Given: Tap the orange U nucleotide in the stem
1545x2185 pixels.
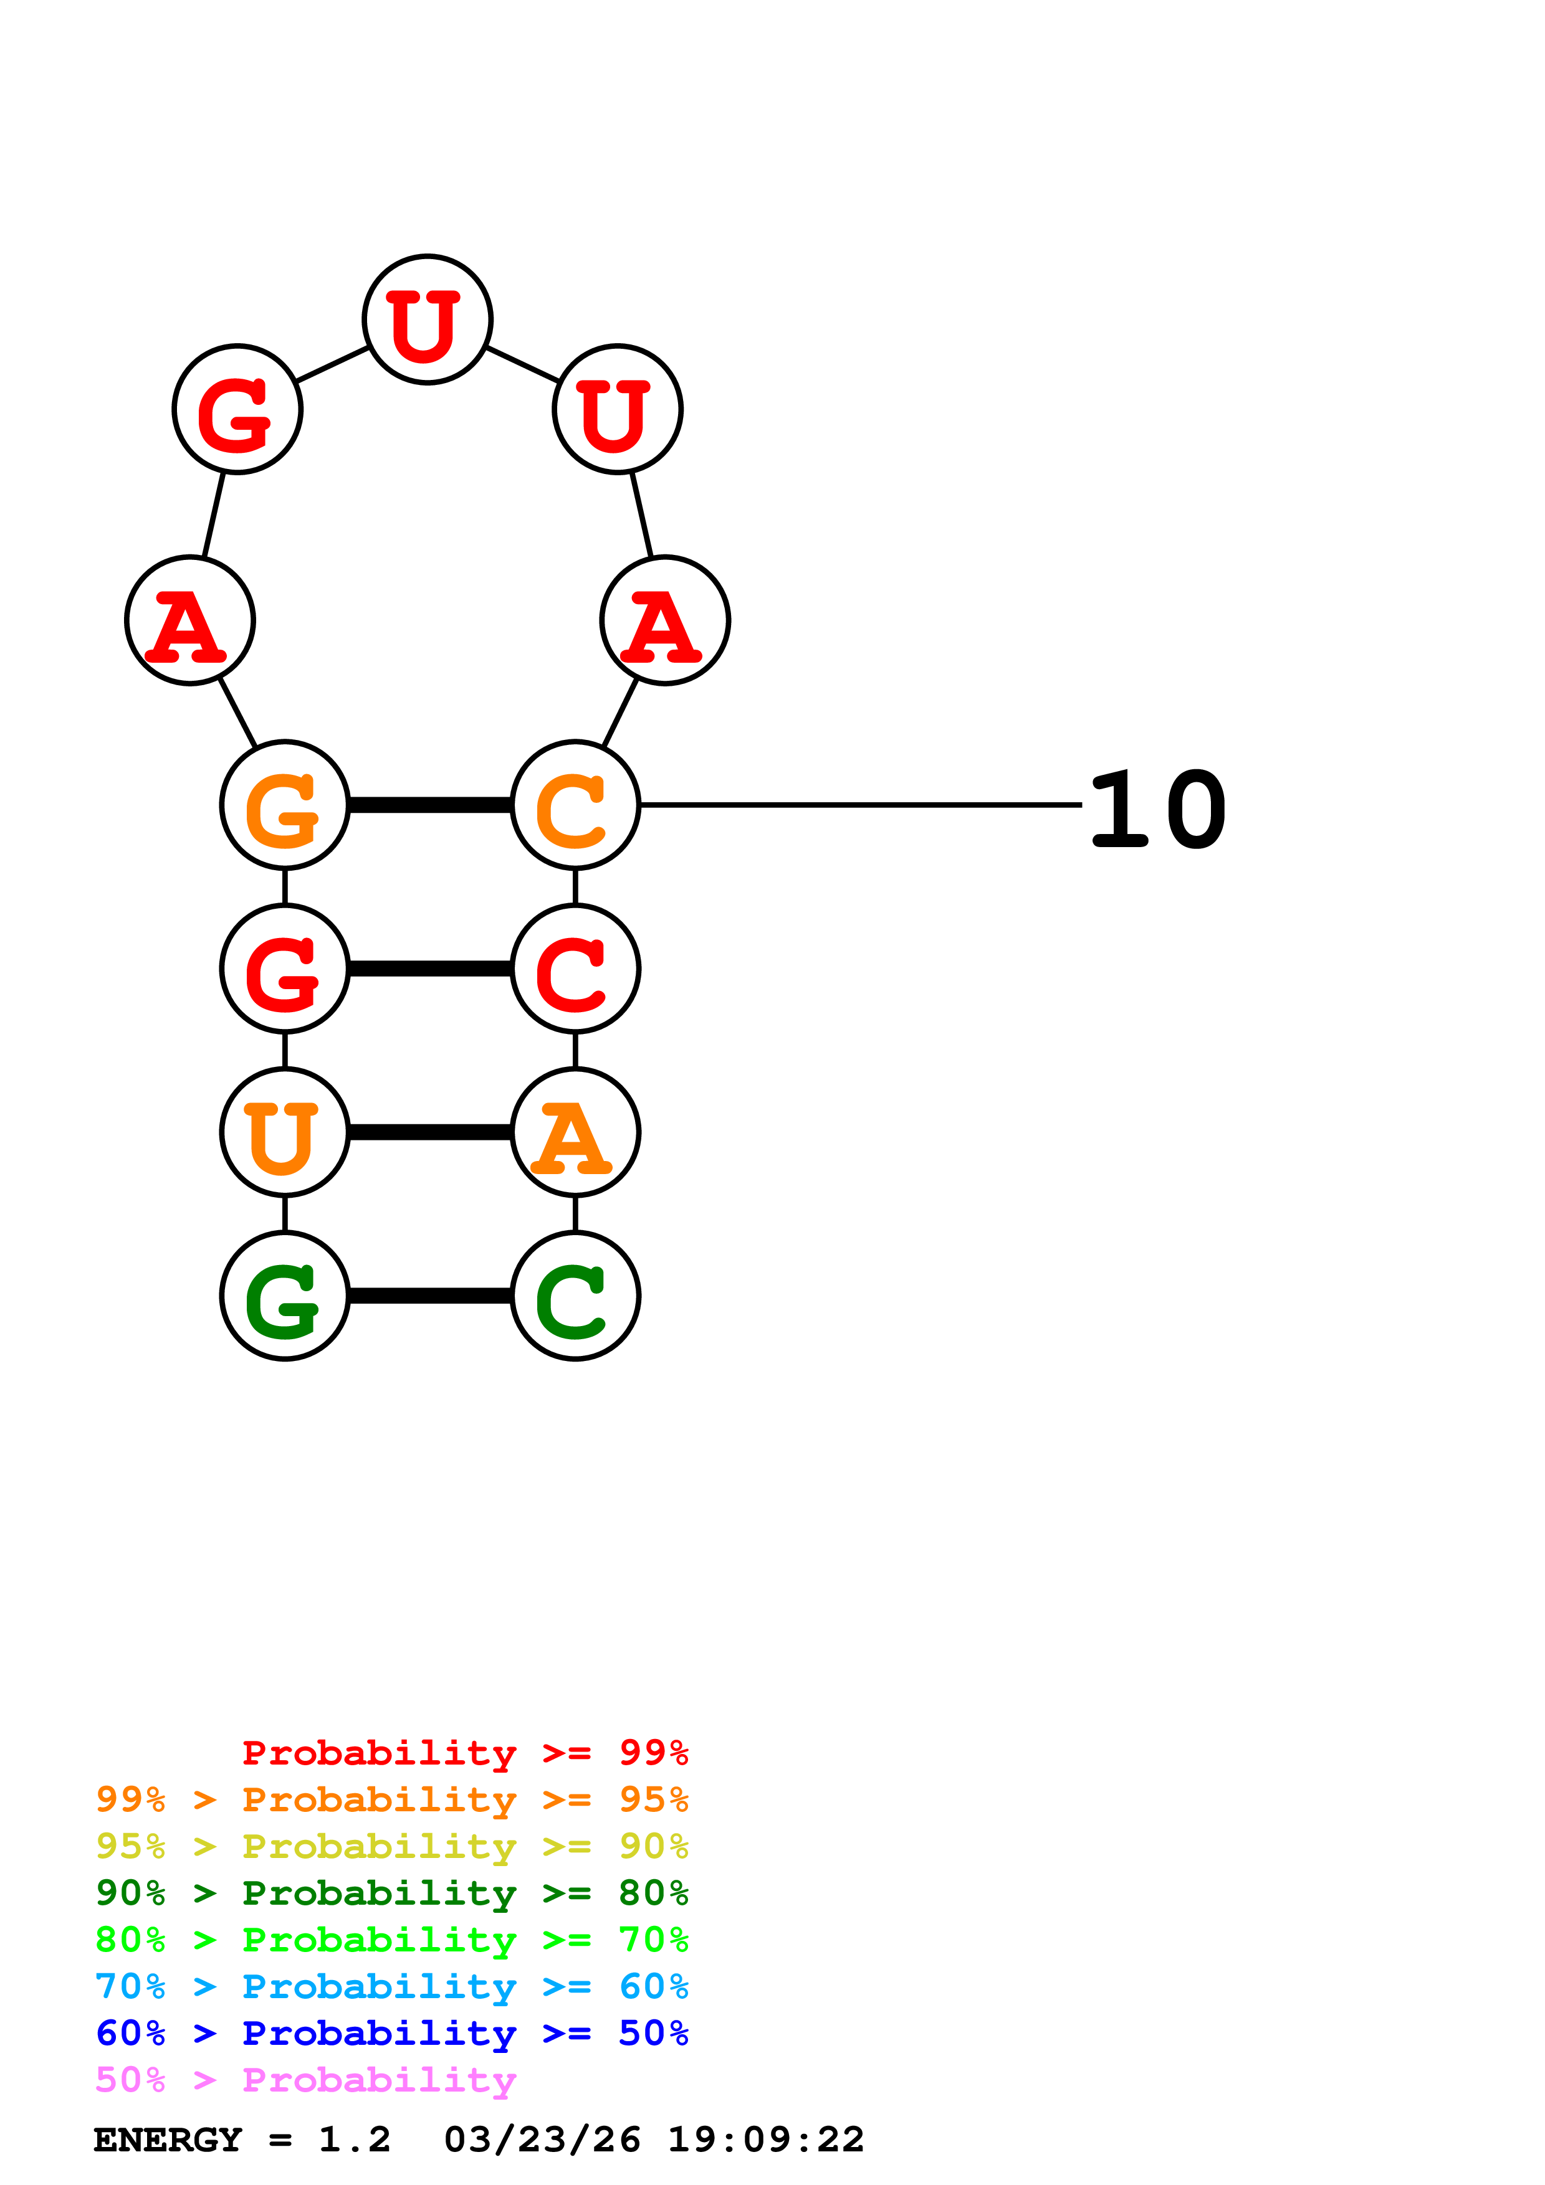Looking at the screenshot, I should click(285, 1132).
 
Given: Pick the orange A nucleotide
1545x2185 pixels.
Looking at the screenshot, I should click(575, 1132).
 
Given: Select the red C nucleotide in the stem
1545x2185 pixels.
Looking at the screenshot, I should click(575, 968).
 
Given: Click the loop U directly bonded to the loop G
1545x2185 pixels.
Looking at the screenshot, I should click(428, 319).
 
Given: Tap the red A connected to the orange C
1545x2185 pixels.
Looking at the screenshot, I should click(664, 620).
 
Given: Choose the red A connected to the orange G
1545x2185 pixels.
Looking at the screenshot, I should click(189, 620).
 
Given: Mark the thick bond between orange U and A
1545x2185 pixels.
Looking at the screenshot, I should click(430, 1132).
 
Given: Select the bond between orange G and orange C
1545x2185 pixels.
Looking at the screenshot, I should click(430, 805).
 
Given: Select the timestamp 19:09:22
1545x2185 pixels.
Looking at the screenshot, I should click(765, 2140).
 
